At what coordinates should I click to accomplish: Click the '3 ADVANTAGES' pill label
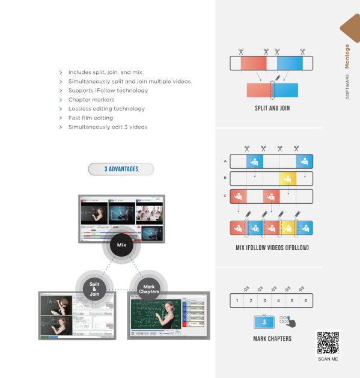tap(121, 169)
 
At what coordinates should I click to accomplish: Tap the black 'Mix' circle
tap(121, 245)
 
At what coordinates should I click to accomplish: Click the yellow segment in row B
tap(288, 178)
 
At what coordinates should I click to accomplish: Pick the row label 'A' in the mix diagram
tap(225, 161)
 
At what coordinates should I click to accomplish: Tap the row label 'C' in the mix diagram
tap(225, 196)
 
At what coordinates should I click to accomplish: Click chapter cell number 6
tap(306, 300)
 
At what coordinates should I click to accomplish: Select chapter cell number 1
tap(237, 300)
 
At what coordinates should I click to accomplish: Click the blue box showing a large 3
tap(264, 322)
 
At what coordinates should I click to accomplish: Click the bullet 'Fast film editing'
tap(90, 118)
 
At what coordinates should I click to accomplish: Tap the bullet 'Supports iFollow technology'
tap(108, 90)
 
